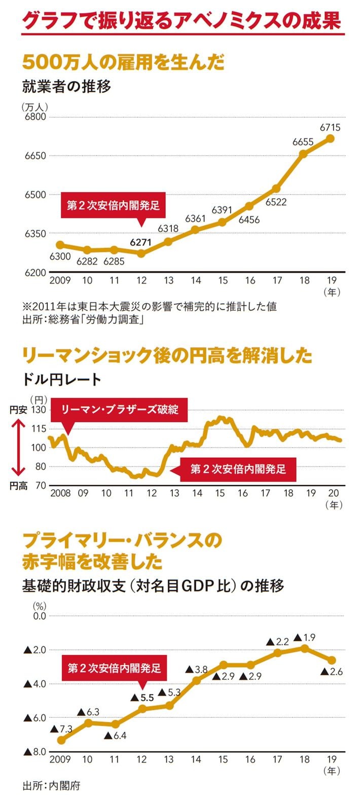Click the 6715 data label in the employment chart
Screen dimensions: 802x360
[x=330, y=128]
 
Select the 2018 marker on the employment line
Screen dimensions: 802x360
[x=303, y=154]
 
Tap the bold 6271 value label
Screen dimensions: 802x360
[x=140, y=242]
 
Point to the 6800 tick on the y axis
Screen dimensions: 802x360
[x=35, y=117]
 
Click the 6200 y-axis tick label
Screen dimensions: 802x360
[x=35, y=273]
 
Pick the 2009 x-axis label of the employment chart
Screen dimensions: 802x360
[x=60, y=280]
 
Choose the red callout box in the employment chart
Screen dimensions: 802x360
[x=113, y=205]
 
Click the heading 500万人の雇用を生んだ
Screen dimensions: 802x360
[x=123, y=62]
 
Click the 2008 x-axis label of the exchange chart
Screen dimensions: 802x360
[x=60, y=493]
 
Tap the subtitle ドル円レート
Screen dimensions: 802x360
[x=62, y=379]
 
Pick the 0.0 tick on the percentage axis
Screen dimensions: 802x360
[x=39, y=616]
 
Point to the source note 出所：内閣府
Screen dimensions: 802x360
[x=51, y=786]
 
